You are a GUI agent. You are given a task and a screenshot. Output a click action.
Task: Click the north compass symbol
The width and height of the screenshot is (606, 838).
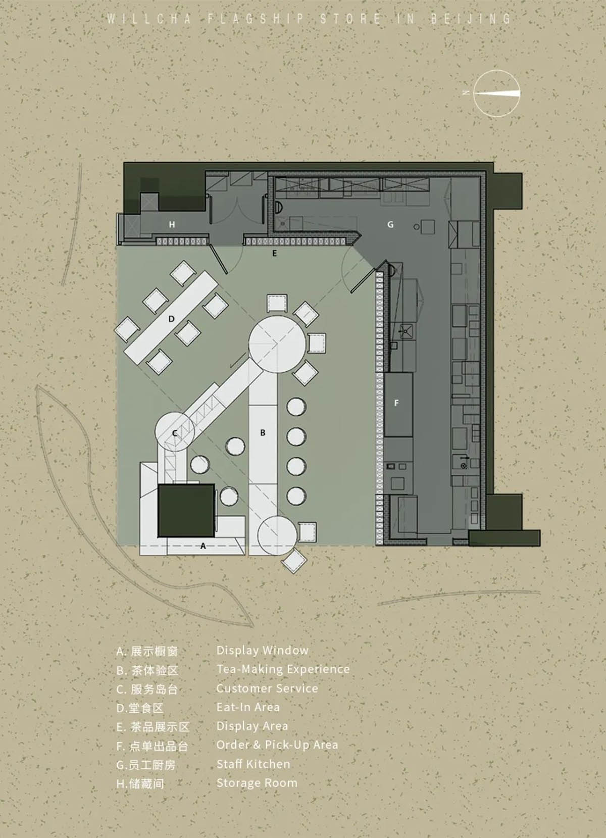(496, 93)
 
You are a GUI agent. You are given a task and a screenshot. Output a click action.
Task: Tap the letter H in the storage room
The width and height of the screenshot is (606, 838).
(172, 224)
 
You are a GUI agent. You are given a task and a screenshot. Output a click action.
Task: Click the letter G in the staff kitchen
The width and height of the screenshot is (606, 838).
(390, 224)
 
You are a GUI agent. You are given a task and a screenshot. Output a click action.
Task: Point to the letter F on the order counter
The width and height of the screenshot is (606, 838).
(396, 403)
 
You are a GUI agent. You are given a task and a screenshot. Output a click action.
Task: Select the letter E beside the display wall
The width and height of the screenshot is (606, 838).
(275, 253)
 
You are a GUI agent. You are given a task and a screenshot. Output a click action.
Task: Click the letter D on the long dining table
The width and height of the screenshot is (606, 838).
(172, 319)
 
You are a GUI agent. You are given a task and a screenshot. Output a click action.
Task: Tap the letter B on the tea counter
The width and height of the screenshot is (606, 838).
(263, 432)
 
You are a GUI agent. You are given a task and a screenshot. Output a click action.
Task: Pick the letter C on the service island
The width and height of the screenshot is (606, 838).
(175, 433)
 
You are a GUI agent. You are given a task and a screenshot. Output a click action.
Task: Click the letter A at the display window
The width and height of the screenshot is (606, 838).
(203, 546)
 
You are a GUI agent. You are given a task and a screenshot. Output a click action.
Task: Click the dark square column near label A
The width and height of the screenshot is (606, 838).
(186, 510)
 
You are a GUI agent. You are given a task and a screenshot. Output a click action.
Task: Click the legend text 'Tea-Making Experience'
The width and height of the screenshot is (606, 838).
(283, 669)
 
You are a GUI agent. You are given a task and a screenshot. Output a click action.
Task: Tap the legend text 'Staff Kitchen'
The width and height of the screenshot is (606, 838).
(254, 764)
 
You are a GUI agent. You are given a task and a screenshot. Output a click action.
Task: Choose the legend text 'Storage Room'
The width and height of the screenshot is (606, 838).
(257, 783)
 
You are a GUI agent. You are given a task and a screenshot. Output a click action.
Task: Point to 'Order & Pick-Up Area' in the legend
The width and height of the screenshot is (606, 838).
(277, 745)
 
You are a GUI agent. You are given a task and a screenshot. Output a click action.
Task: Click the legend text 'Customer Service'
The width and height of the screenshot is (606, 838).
(267, 688)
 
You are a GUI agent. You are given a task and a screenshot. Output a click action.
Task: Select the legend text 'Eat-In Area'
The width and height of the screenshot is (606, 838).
(248, 707)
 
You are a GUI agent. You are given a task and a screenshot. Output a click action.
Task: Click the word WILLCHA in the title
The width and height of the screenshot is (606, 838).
(149, 19)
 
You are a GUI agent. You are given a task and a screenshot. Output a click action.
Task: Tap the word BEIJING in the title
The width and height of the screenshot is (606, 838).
(470, 19)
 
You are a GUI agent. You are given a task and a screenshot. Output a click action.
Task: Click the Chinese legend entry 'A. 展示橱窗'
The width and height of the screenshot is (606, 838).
(147, 651)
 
